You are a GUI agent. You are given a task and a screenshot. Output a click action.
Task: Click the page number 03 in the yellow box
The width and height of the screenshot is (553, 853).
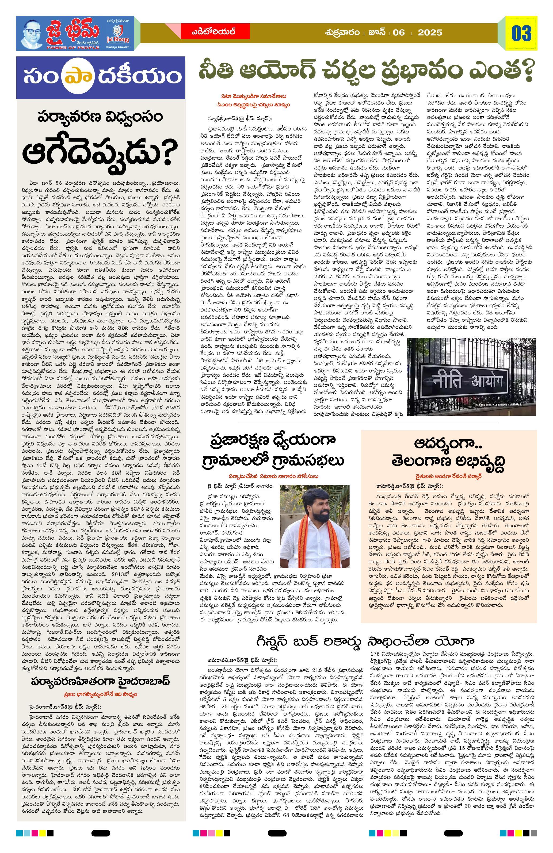click(x=521, y=34)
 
